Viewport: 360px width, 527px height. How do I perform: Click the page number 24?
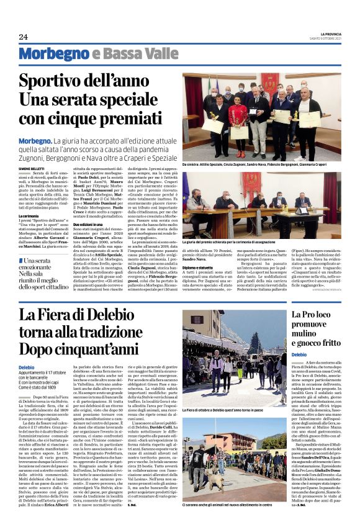pyautogui.click(x=23, y=36)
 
